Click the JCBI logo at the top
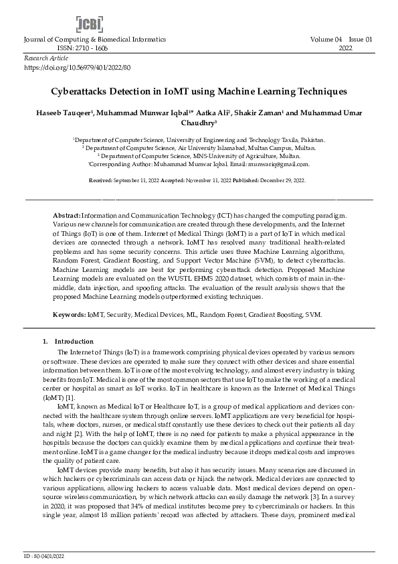(89, 25)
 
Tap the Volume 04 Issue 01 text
(341, 40)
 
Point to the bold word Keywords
(70, 314)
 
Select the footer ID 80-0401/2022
(47, 556)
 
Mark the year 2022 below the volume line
(346, 49)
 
